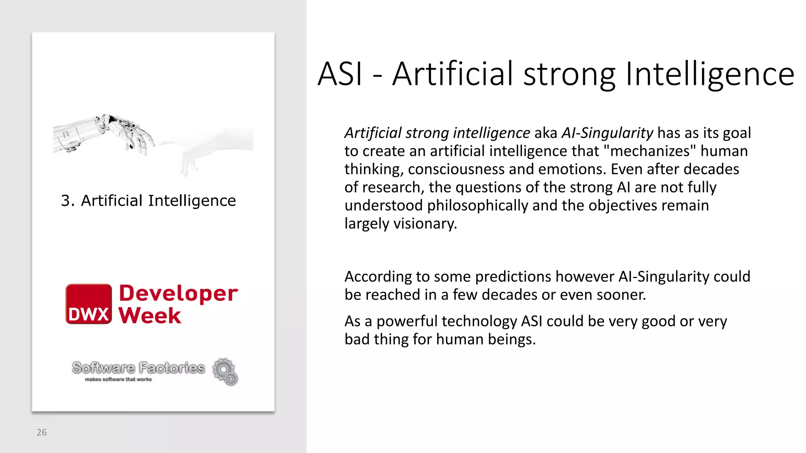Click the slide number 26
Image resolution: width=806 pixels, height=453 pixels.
(x=41, y=432)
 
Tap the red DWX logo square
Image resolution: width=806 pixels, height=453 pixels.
(x=89, y=304)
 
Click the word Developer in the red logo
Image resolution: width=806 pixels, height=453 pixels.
(x=178, y=293)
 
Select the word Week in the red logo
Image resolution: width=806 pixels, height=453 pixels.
(x=150, y=315)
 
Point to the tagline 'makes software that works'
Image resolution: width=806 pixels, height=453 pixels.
(x=118, y=379)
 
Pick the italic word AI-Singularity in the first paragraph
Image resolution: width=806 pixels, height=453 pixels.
(x=607, y=133)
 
